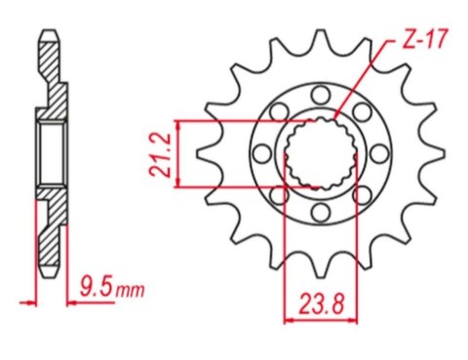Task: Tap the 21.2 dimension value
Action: point(165,153)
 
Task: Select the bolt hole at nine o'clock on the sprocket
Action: point(259,153)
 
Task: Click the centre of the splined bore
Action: point(316,153)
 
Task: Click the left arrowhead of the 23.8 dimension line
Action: point(288,317)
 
